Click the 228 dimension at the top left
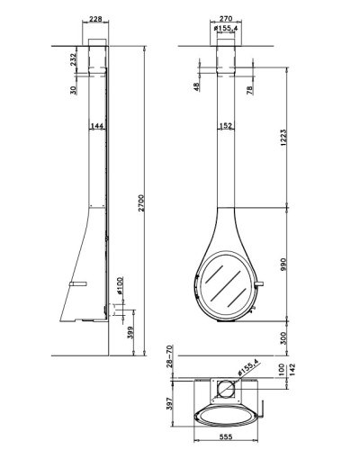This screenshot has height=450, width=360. click(x=95, y=19)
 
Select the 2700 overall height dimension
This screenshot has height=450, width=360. click(x=141, y=203)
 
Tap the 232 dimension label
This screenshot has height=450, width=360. click(x=73, y=59)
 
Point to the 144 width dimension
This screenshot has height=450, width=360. click(x=97, y=126)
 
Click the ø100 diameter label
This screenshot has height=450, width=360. click(x=120, y=285)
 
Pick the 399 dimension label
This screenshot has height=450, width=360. click(x=130, y=332)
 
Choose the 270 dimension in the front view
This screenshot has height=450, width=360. click(x=226, y=18)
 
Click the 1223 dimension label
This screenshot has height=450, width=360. click(x=283, y=138)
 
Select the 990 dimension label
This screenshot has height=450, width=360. click(x=283, y=264)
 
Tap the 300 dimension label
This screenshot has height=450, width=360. click(x=283, y=338)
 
